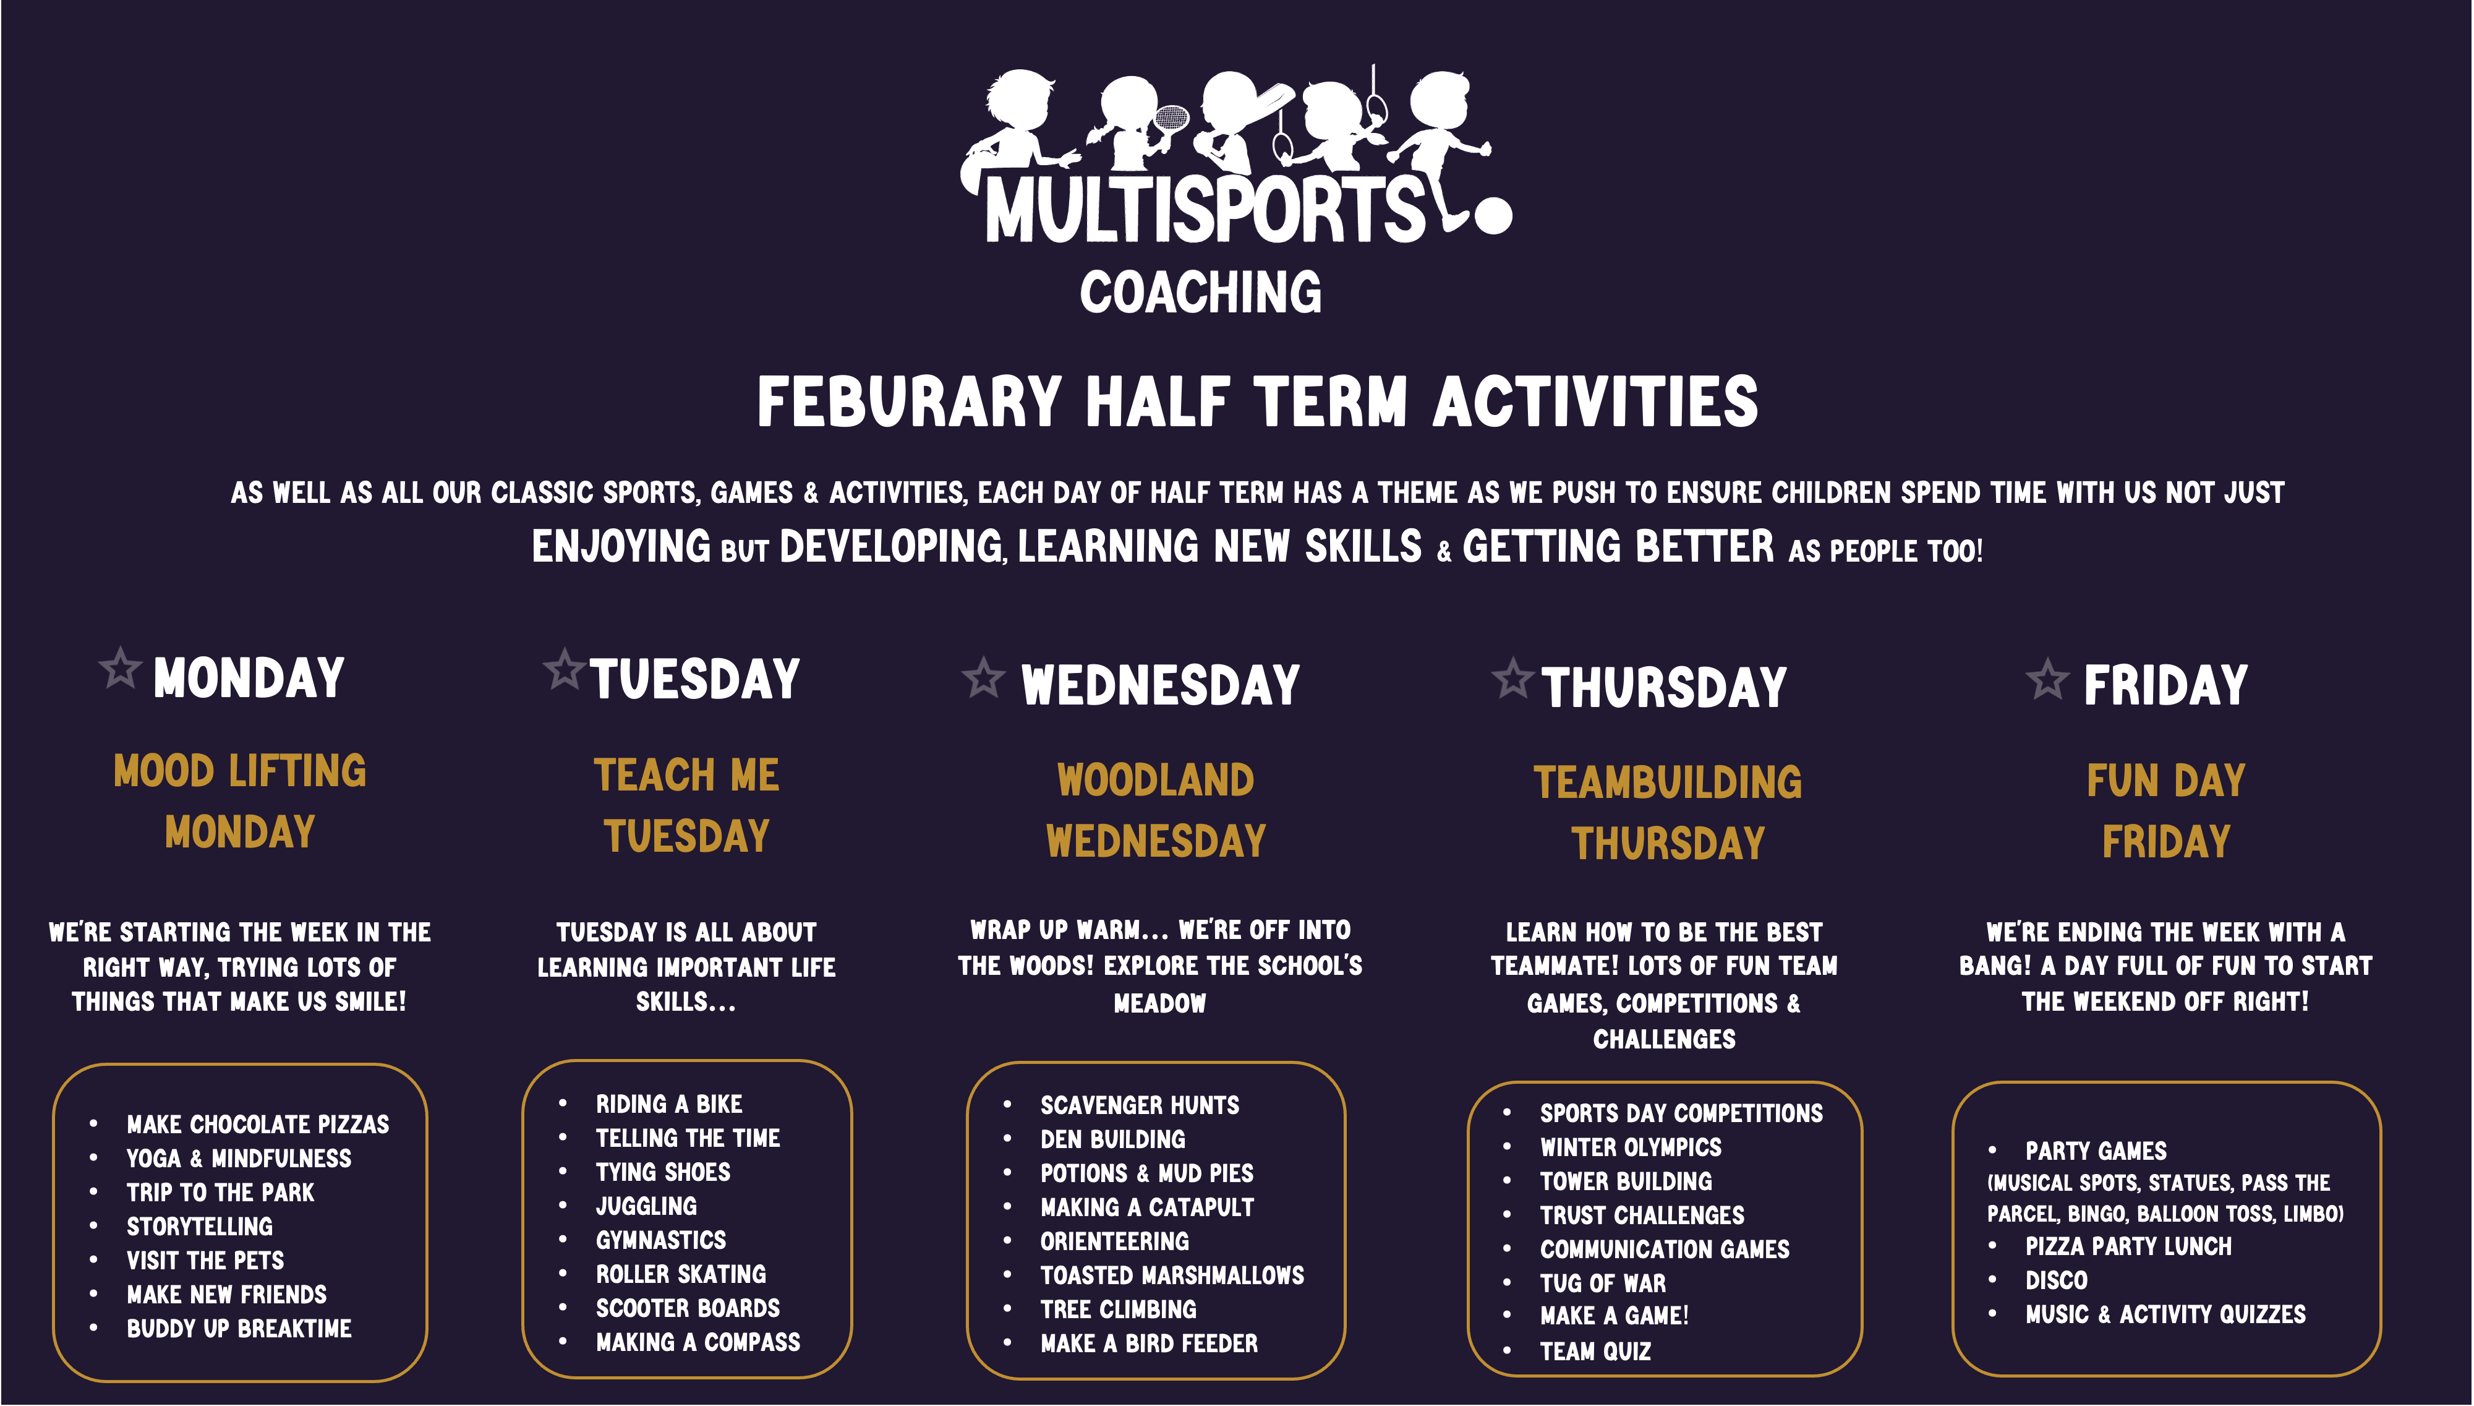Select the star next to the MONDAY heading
(121, 667)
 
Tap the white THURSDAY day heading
(1664, 688)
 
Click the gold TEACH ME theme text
(686, 774)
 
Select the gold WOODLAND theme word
(1156, 780)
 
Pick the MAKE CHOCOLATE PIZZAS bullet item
(258, 1124)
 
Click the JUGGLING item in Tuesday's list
(646, 1206)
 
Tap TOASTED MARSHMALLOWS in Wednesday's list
(1172, 1275)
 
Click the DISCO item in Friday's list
(2056, 1280)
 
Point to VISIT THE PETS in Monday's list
(206, 1260)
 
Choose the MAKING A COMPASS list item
(698, 1342)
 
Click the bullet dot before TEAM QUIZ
(1507, 1351)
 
